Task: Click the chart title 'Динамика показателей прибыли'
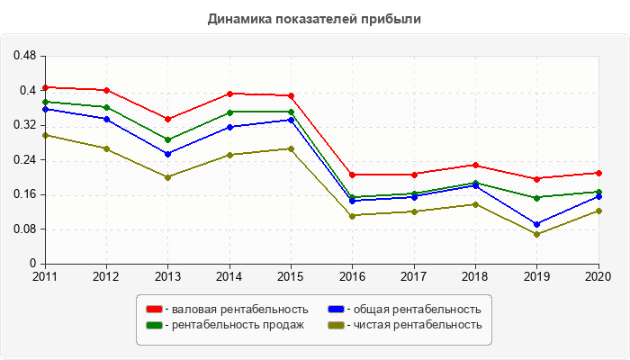pyautogui.click(x=314, y=18)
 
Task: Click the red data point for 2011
pyautogui.click(x=45, y=87)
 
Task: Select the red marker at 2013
pyautogui.click(x=167, y=119)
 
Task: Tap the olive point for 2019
pyautogui.click(x=537, y=234)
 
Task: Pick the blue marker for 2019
pyautogui.click(x=537, y=224)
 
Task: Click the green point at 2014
pyautogui.click(x=229, y=112)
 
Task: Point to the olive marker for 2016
pyautogui.click(x=352, y=215)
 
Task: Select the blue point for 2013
pyautogui.click(x=167, y=154)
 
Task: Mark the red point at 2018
pyautogui.click(x=475, y=165)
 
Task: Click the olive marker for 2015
pyautogui.click(x=291, y=148)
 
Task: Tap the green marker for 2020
pyautogui.click(x=598, y=192)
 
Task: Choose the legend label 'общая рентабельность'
pyautogui.click(x=418, y=310)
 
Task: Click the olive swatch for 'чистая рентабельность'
pyautogui.click(x=336, y=325)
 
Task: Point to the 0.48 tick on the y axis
pyautogui.click(x=24, y=56)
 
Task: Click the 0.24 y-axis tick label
pyautogui.click(x=24, y=160)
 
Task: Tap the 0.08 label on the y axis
pyautogui.click(x=24, y=229)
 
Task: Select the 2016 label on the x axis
pyautogui.click(x=352, y=276)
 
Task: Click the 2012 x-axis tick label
pyautogui.click(x=106, y=276)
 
